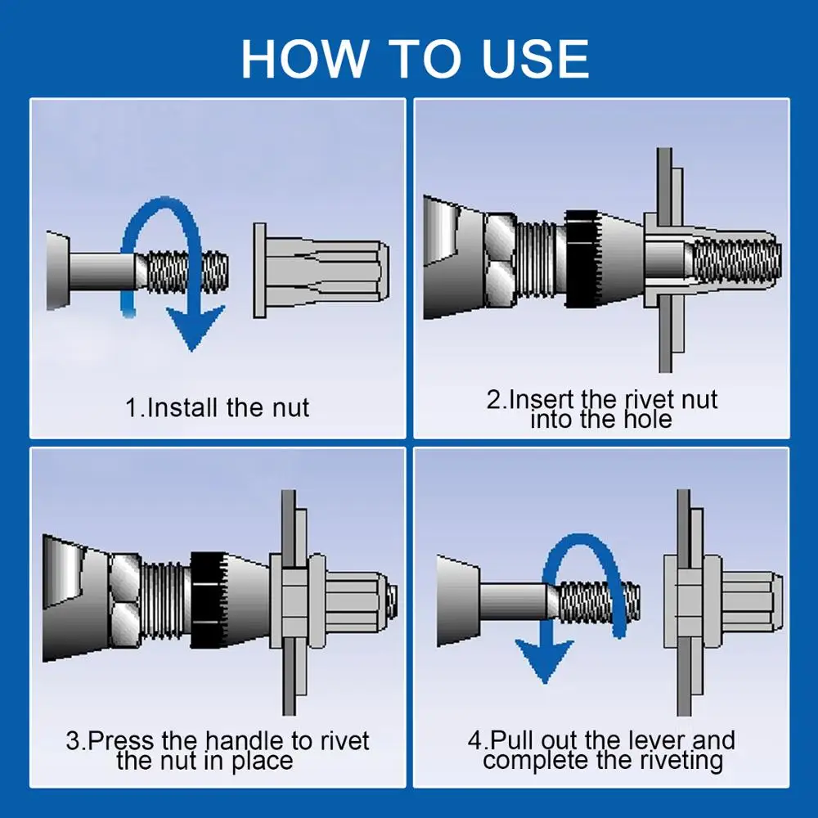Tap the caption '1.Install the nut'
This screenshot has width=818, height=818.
point(218,407)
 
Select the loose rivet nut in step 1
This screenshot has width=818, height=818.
point(321,271)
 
